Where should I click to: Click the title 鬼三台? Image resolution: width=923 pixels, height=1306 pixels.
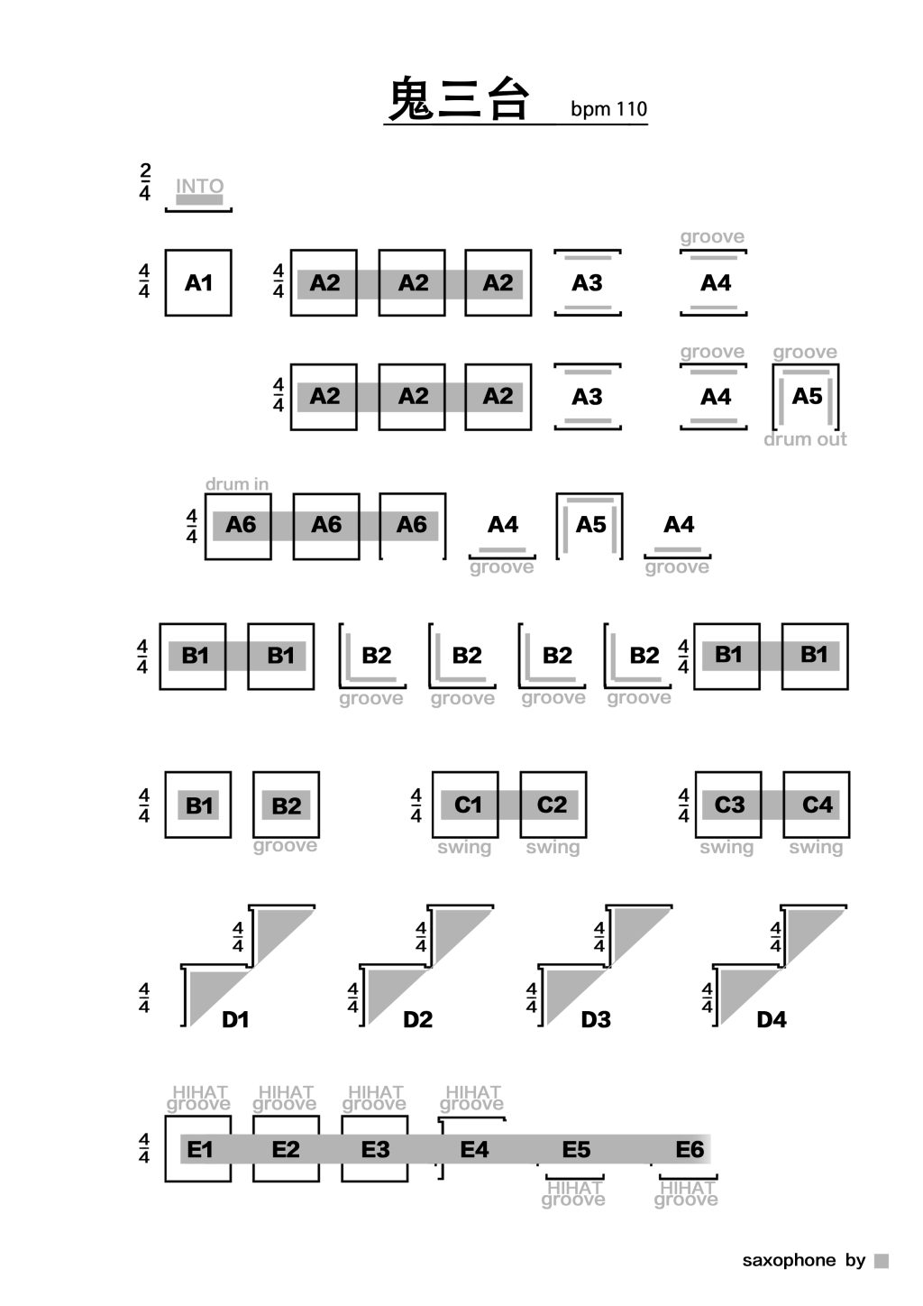coord(458,99)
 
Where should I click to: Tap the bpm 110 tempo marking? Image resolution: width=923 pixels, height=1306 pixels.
coord(608,109)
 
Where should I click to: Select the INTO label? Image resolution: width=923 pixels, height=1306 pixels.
coord(199,187)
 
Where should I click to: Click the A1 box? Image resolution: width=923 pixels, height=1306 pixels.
coord(198,283)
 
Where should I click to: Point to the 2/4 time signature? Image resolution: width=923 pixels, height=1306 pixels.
coord(145,181)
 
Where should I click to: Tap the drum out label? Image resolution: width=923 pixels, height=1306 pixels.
coord(805,439)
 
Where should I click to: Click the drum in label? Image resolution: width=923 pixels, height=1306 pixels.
coord(237,484)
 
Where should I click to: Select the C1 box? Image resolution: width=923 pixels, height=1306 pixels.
coord(467,805)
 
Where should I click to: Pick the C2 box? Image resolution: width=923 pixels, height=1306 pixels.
coord(553,805)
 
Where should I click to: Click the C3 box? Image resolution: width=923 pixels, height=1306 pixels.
coord(728,805)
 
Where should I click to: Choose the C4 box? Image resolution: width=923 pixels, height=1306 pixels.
coord(817,805)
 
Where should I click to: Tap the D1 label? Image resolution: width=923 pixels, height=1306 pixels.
coord(235,1020)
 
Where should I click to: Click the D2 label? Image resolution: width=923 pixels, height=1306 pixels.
coord(417,1020)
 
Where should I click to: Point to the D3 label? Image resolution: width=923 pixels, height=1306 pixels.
coord(596,1020)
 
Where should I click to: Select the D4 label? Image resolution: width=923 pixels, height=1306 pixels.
coord(772,1020)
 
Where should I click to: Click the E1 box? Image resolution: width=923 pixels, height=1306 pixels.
coord(198,1149)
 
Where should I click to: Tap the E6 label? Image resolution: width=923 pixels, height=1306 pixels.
coord(690,1150)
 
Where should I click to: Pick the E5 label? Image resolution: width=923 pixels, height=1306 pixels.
coord(576,1150)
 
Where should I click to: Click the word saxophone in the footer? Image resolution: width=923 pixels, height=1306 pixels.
coord(789,1261)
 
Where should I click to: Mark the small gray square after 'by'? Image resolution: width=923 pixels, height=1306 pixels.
coord(882,1261)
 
